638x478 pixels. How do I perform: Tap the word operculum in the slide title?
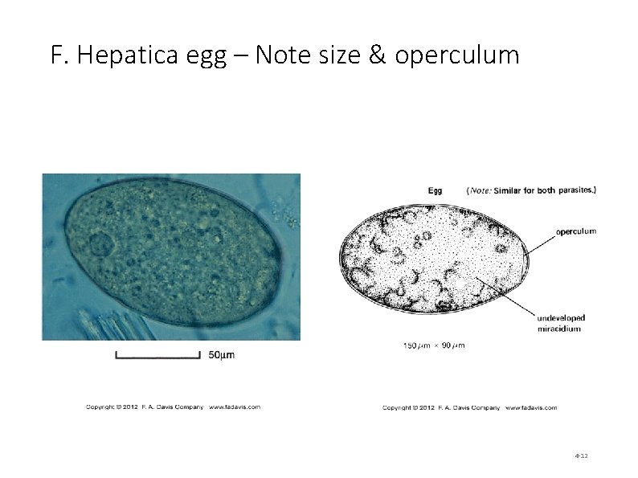coord(457,55)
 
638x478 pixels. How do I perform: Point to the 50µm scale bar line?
coord(157,355)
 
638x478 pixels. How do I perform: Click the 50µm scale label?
coord(222,355)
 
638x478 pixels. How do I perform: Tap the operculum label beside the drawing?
coord(575,231)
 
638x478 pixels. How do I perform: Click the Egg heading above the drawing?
coord(435,190)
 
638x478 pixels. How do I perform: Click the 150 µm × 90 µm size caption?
coord(434,346)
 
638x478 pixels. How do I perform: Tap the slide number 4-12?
coord(581,456)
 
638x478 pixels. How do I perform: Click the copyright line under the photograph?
coord(173,407)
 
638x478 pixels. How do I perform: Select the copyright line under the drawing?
coord(469,407)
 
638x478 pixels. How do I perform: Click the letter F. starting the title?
coord(57,55)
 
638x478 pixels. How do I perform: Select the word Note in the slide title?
coord(289,55)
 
